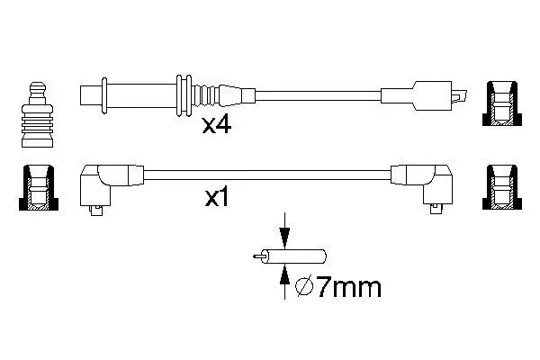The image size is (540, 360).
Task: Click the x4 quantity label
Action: tap(217, 125)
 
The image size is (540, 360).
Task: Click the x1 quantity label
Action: tap(217, 198)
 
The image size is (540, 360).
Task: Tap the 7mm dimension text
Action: tap(348, 287)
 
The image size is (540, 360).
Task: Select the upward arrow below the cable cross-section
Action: tap(284, 282)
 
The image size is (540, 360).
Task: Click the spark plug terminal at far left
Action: tap(37, 114)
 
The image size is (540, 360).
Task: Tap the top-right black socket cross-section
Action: tap(502, 103)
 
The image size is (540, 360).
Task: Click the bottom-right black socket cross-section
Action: tap(502, 188)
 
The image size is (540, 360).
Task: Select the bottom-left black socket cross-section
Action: tap(38, 188)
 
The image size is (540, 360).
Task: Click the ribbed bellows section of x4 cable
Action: tap(205, 95)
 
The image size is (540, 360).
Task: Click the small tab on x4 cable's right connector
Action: tap(459, 95)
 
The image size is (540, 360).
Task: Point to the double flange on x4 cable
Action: tap(184, 95)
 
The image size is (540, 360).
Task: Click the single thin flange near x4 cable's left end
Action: tap(104, 95)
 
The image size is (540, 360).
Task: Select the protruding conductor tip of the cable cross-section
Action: tap(257, 256)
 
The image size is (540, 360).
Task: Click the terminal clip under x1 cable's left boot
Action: tap(96, 210)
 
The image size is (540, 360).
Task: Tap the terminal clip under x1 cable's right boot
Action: tap(436, 208)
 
